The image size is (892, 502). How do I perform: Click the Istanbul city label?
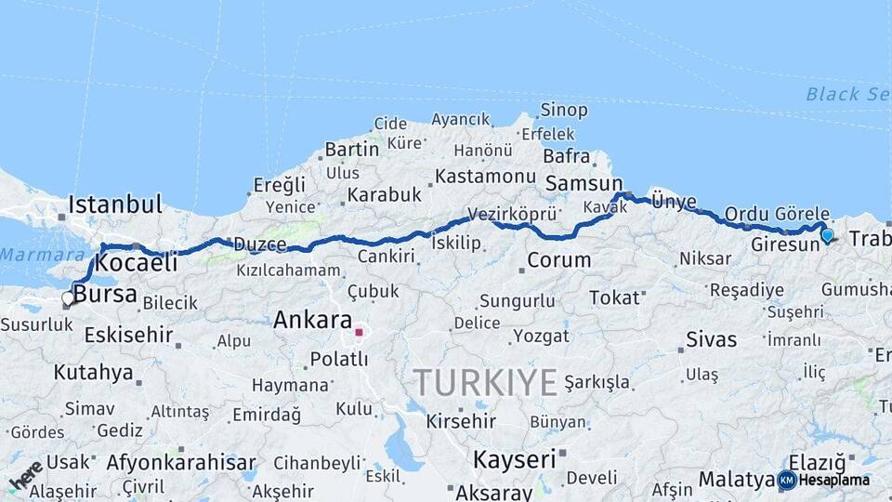[x=115, y=204]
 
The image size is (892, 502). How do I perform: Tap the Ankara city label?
[x=312, y=321]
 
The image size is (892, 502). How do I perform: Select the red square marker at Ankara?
[x=359, y=332]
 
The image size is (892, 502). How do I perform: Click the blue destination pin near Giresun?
[x=827, y=235]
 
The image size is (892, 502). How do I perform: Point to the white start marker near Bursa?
[x=68, y=298]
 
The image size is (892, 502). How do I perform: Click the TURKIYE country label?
[x=485, y=382]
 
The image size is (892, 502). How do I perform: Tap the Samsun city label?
[x=584, y=183]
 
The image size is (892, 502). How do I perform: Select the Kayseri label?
[x=514, y=458]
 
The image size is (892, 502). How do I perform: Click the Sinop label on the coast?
[x=564, y=110]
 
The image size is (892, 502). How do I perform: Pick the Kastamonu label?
[x=485, y=176]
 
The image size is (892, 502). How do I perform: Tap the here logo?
[x=25, y=475]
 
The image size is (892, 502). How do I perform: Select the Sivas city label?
[x=711, y=338]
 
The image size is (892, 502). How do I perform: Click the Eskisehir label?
[x=129, y=334]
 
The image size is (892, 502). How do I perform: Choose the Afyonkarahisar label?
[x=181, y=462]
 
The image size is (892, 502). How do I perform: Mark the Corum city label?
[x=558, y=260]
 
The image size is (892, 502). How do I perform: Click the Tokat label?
[x=615, y=297]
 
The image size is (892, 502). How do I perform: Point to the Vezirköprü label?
[x=512, y=214]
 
